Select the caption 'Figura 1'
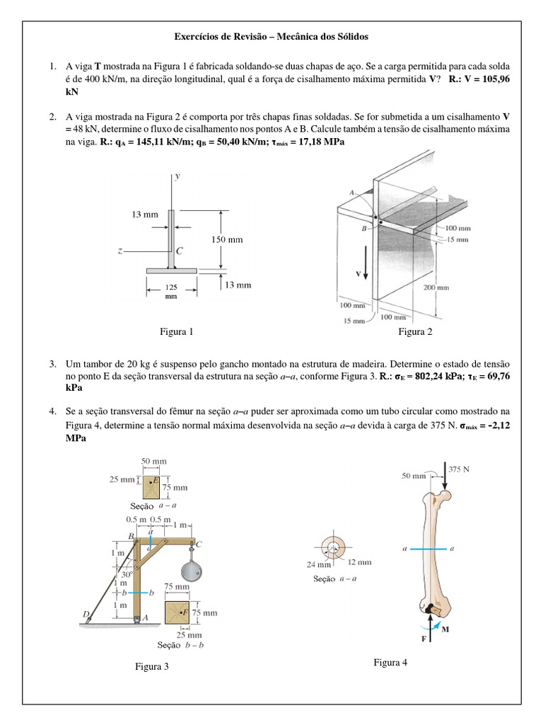click(x=176, y=331)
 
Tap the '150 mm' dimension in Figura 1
click(x=227, y=239)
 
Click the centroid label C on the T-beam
click(x=180, y=251)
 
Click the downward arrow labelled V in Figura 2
click(x=366, y=265)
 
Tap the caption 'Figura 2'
click(x=415, y=331)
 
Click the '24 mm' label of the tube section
click(x=320, y=564)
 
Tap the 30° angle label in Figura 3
click(x=127, y=575)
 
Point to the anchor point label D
click(x=86, y=613)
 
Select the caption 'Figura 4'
click(x=391, y=663)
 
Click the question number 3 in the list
click(x=53, y=363)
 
